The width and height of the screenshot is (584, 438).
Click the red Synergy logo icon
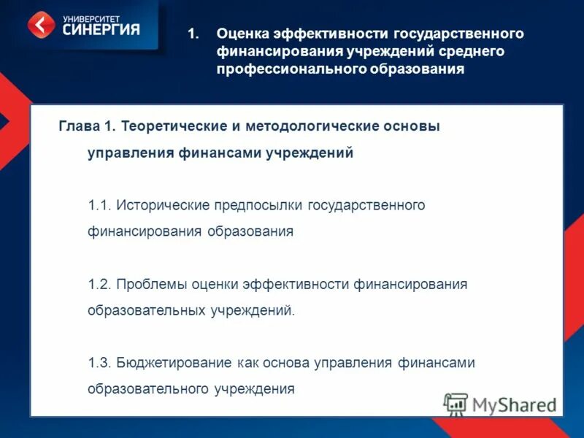click(x=41, y=24)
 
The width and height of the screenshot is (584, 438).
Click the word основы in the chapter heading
click(x=410, y=126)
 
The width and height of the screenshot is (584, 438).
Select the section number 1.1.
click(x=99, y=205)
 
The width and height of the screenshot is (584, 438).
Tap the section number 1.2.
click(x=99, y=284)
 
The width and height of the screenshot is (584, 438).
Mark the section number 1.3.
click(x=99, y=363)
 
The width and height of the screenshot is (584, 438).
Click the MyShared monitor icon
click(x=456, y=404)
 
